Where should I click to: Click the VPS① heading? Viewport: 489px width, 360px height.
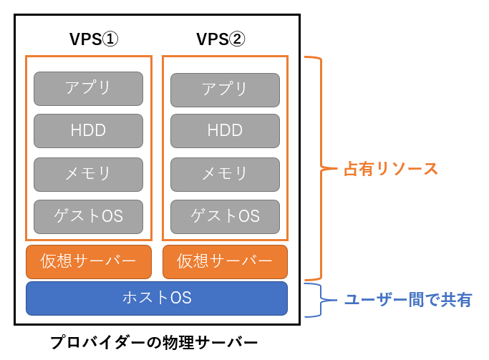click(94, 39)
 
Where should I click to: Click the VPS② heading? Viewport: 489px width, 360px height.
click(221, 39)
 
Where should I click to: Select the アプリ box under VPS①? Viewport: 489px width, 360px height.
click(88, 89)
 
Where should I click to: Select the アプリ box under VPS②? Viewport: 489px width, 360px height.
click(225, 90)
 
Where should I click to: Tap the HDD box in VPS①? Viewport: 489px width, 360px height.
click(88, 131)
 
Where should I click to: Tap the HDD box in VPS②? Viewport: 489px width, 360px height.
click(225, 131)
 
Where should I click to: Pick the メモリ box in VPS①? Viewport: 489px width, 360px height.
click(88, 175)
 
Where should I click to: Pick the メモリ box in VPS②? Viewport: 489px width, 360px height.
click(225, 175)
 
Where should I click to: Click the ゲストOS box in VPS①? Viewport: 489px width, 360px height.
click(88, 217)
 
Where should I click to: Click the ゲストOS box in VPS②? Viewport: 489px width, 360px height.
click(225, 217)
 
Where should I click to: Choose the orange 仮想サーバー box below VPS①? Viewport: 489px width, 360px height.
click(89, 262)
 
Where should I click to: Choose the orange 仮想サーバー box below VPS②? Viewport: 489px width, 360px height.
click(225, 262)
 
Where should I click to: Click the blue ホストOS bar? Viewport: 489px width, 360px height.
click(157, 298)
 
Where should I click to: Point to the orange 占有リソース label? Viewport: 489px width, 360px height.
click(391, 169)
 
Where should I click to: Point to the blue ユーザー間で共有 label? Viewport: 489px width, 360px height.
click(408, 300)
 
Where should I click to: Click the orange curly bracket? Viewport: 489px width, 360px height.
click(321, 168)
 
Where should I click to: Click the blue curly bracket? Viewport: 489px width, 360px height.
click(321, 300)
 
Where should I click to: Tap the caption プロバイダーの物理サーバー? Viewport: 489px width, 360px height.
click(154, 343)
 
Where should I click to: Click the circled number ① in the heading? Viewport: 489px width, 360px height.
click(110, 39)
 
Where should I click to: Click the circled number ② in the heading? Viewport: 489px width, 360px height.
click(237, 39)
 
